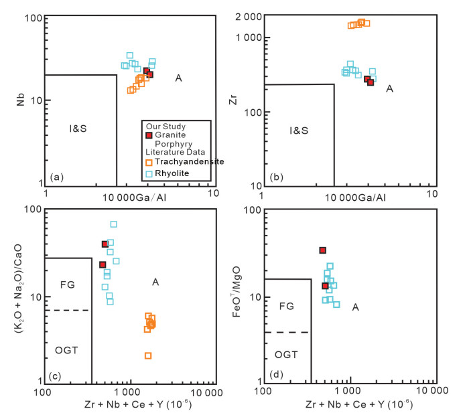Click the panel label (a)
[57, 177]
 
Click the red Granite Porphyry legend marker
[149, 136]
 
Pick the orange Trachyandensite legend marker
[149, 162]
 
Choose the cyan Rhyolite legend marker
[149, 173]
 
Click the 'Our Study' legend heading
[165, 126]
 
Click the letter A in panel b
[389, 88]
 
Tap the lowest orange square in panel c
[147, 355]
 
